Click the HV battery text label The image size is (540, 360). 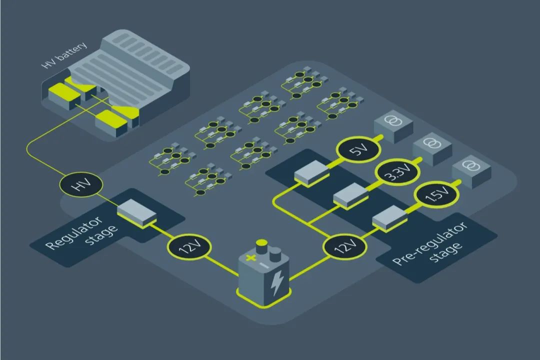[x=64, y=55]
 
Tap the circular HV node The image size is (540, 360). [x=81, y=184]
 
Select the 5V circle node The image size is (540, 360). [x=358, y=149]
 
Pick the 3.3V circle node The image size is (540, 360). [x=397, y=172]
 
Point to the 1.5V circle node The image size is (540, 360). [x=436, y=194]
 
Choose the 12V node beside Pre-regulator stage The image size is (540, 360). [x=344, y=246]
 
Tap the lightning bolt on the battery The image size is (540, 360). [x=277, y=283]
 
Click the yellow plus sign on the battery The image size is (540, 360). [x=250, y=257]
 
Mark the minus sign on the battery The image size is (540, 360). [x=264, y=265]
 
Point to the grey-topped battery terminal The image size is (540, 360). [x=275, y=254]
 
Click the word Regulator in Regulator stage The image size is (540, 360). [x=74, y=233]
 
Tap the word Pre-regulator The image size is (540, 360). [x=430, y=243]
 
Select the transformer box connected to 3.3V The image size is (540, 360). [x=432, y=149]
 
